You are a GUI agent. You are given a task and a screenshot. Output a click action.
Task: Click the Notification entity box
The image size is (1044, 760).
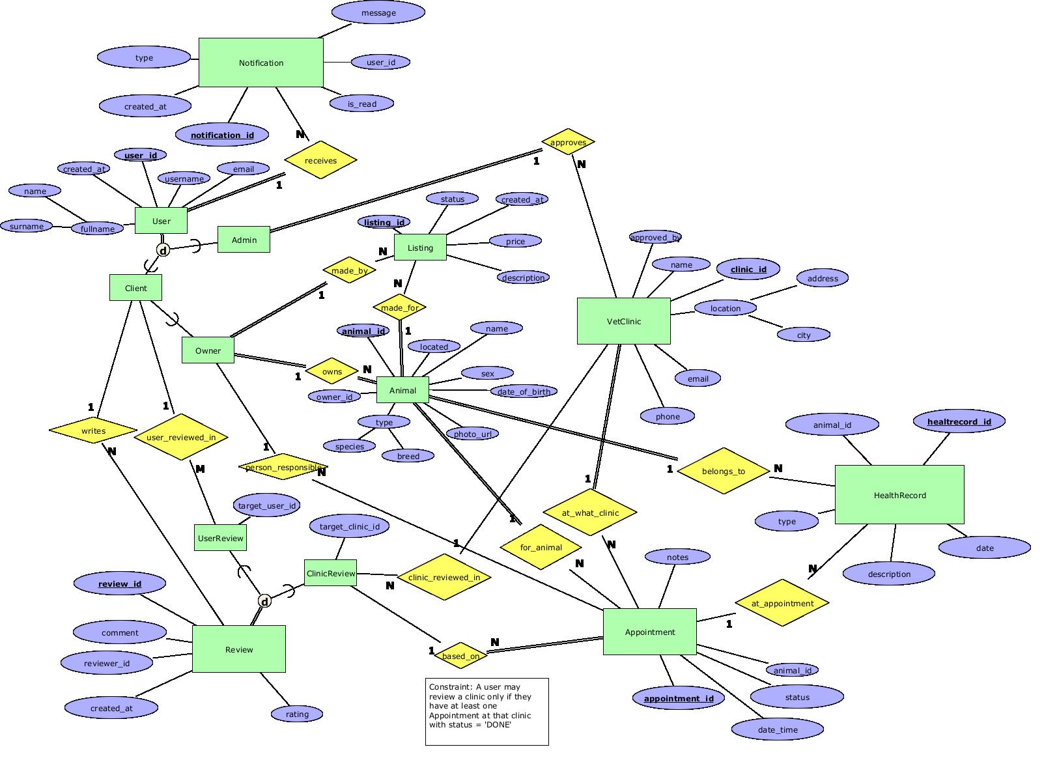click(x=261, y=63)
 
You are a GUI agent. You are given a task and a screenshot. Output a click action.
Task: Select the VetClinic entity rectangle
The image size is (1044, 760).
click(x=623, y=321)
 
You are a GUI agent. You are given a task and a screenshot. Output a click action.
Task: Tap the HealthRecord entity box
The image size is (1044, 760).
click(x=899, y=495)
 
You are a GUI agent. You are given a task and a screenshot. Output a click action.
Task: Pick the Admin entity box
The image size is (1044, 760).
click(x=244, y=240)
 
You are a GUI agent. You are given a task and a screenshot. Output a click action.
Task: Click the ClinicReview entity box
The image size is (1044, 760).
click(x=330, y=573)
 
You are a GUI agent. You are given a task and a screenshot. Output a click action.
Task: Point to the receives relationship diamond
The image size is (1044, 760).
click(x=320, y=160)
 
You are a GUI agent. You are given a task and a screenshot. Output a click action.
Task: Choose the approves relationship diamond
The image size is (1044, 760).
click(x=568, y=142)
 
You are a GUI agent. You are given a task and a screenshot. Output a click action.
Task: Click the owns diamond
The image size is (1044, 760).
click(x=332, y=372)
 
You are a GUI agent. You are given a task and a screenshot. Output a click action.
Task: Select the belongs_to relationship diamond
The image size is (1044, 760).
click(x=723, y=471)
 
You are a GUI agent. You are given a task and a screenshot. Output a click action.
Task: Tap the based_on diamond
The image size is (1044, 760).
click(x=460, y=656)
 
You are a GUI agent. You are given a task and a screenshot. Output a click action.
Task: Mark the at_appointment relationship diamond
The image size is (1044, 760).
click(x=782, y=603)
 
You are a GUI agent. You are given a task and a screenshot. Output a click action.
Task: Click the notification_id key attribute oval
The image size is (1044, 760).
click(x=222, y=135)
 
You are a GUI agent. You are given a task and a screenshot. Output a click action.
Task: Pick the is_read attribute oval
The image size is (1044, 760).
click(x=361, y=104)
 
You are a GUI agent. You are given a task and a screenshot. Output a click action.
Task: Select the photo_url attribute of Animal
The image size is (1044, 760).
click(x=472, y=434)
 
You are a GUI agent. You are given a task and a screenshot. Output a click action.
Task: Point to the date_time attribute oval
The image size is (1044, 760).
click(x=778, y=729)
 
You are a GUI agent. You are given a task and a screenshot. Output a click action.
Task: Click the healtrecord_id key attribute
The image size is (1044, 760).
click(x=959, y=421)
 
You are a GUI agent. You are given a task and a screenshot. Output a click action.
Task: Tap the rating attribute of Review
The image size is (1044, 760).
click(x=297, y=714)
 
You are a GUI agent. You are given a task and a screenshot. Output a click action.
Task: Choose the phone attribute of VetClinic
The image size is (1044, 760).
click(x=668, y=416)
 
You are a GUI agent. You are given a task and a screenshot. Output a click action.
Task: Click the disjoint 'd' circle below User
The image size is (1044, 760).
click(x=163, y=250)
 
